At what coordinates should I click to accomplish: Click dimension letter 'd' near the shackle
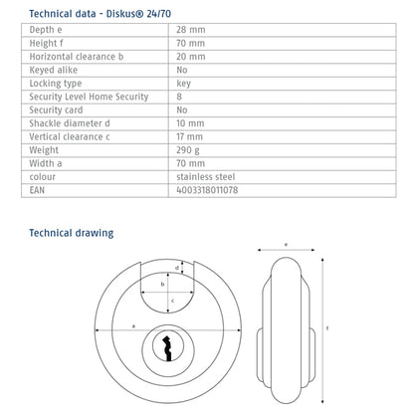(x=177, y=267)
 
